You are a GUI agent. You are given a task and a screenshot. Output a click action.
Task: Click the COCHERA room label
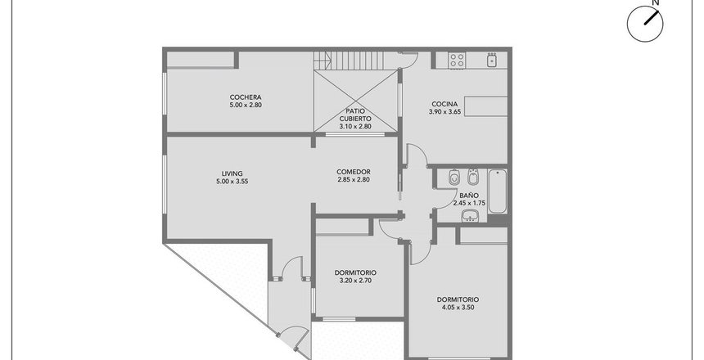(x=246, y=97)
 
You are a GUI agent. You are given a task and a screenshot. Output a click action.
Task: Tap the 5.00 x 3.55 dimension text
(x=232, y=182)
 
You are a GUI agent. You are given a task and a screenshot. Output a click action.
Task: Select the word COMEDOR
(x=354, y=172)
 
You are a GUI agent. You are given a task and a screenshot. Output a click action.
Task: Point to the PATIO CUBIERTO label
(x=355, y=115)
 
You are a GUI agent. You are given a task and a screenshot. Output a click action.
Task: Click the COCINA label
(x=445, y=104)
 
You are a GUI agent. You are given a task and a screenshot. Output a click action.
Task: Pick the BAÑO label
(x=469, y=196)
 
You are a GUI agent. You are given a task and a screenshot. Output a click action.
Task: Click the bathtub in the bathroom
(x=498, y=191)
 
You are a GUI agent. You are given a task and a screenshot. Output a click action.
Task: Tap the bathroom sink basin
(x=470, y=216)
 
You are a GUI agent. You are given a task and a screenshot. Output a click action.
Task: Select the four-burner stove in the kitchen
(x=457, y=61)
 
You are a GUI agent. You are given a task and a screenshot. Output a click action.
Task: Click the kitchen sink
(x=492, y=61)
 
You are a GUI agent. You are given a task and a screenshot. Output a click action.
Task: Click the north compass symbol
(x=645, y=24)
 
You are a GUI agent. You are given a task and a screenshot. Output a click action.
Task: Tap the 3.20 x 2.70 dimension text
(x=355, y=281)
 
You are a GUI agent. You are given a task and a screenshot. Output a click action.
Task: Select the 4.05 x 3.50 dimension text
(x=458, y=308)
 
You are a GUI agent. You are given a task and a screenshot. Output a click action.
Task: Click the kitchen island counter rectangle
(x=485, y=106)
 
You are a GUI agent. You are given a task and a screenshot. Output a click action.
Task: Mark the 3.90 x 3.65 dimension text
(x=445, y=112)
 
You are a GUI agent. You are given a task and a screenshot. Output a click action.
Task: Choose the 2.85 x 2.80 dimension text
(x=354, y=180)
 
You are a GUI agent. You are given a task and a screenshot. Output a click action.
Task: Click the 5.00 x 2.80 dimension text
(x=246, y=105)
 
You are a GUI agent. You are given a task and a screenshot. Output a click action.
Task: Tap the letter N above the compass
(x=656, y=2)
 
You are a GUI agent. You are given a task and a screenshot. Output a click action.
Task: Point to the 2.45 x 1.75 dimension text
(x=469, y=203)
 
